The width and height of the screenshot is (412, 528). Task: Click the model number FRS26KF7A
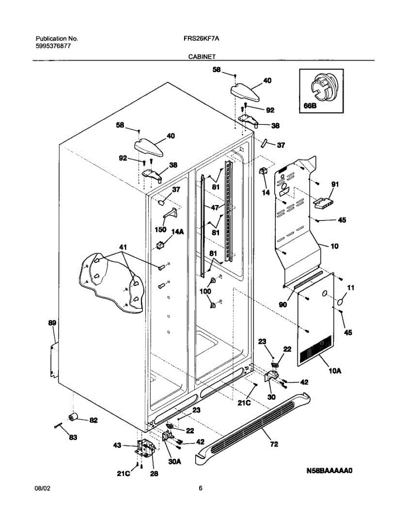[x=201, y=39]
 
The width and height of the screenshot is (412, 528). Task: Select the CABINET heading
[x=202, y=57]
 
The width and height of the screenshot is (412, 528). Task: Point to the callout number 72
[x=274, y=444]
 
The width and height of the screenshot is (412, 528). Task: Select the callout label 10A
[x=335, y=371]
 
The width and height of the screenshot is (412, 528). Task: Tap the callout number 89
[x=52, y=323]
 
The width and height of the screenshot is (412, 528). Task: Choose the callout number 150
[x=160, y=229]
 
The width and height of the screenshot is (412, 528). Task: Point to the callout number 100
[x=205, y=291]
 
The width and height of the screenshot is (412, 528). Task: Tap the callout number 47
[x=214, y=207]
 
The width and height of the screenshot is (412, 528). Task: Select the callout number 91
[x=335, y=185]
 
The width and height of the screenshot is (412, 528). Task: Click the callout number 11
[x=350, y=288]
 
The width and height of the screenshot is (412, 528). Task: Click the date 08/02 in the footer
[x=42, y=488]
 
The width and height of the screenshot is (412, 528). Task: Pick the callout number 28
[x=154, y=474]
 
